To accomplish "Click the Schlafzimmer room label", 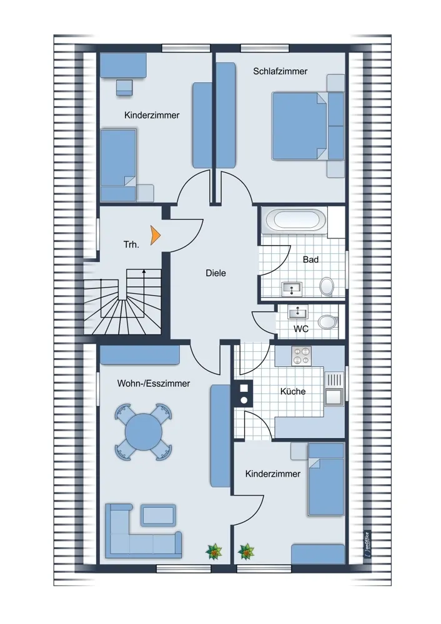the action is point(280,71).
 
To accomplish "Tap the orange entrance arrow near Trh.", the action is point(156,235).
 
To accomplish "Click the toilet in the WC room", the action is point(327,322).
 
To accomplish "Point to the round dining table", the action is point(144,432).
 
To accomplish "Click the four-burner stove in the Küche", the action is point(301,356).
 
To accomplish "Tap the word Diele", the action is point(216,273).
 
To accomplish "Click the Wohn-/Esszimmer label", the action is point(154,383).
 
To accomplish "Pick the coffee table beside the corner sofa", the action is point(158,515).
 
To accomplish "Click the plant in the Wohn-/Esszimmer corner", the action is point(214,552).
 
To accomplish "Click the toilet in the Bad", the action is point(327,286).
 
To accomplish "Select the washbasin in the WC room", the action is point(297,313).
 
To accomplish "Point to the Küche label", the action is point(293,391).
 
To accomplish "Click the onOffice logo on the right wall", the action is point(367,544).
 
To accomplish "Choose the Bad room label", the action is point(310,260).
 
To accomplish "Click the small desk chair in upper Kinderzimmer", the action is point(124,87).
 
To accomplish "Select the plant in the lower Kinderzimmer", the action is point(245,552).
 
